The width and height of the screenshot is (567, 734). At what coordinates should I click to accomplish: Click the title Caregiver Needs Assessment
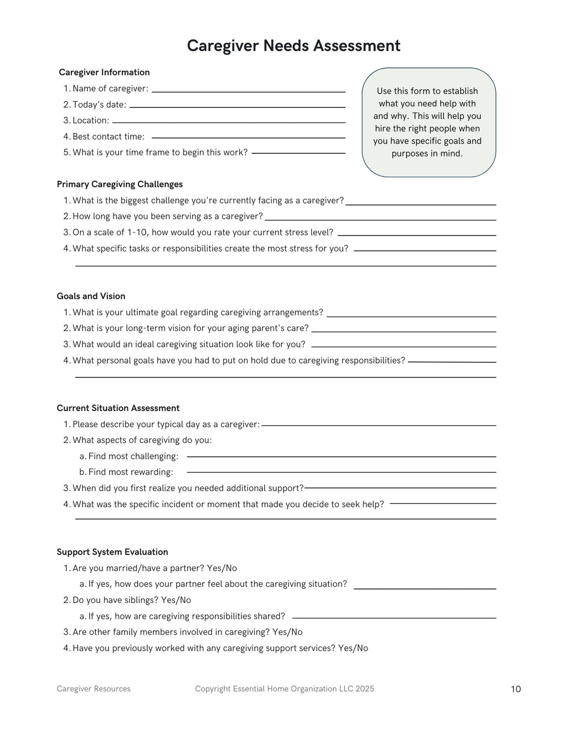point(293,46)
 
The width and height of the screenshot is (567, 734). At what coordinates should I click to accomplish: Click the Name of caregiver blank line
point(248,91)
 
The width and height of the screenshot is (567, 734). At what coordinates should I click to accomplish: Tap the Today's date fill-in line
point(237,107)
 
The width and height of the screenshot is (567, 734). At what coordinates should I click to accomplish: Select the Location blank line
point(228,122)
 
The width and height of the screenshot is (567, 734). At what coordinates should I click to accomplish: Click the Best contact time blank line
point(248,138)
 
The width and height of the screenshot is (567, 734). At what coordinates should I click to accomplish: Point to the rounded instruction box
point(429,122)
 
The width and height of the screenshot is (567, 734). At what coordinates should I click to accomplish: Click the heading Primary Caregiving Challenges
point(120,184)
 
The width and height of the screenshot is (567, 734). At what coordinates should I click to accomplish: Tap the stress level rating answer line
point(416,235)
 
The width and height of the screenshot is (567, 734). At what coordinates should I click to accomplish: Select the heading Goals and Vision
point(91,296)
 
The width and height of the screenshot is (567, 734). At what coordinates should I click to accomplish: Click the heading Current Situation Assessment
point(118,408)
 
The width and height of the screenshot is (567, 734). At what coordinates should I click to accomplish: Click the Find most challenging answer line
point(341,457)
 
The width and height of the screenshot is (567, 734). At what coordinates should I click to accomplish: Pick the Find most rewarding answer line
point(341,472)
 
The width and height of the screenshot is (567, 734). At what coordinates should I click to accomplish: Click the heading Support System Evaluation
point(112,552)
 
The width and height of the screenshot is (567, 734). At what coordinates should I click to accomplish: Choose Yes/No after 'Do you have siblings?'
point(176,600)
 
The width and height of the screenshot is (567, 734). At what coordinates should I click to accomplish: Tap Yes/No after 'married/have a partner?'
point(221,568)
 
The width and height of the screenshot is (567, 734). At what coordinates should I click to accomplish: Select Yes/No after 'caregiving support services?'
point(353,648)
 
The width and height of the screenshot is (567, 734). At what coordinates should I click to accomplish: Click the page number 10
point(516,689)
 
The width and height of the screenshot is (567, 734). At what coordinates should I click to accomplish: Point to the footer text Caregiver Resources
point(94,689)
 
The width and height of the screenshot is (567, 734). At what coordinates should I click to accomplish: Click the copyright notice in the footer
point(285,689)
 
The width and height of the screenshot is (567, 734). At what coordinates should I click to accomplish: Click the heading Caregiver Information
point(104,73)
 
